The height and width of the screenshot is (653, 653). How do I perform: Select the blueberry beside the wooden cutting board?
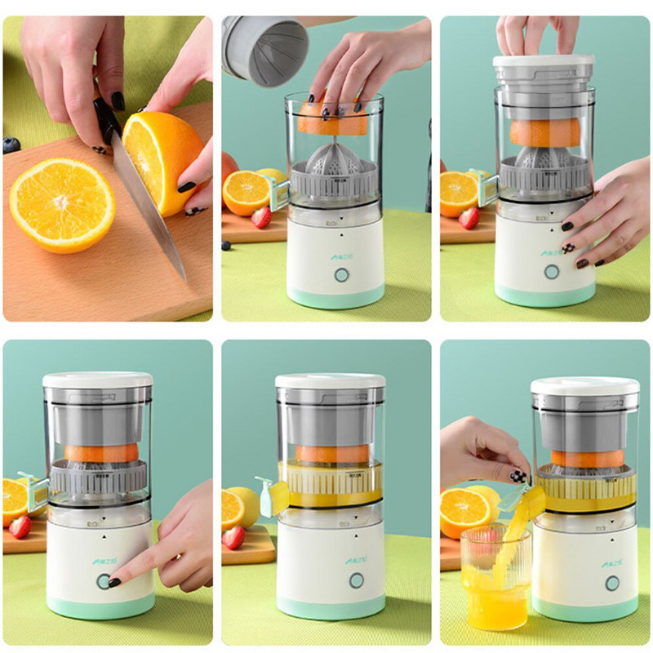(x=11, y=145)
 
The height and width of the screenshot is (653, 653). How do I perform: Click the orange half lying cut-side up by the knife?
(x=62, y=204)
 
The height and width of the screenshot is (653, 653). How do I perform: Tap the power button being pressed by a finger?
(x=104, y=581)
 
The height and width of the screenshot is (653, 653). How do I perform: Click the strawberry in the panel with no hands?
(x=233, y=536)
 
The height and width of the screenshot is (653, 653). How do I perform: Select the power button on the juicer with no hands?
(x=356, y=580)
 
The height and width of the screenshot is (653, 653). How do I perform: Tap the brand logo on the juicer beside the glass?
(x=611, y=562)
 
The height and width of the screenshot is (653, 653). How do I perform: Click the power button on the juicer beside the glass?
(x=611, y=583)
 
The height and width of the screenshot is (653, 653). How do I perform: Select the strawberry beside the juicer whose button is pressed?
(x=20, y=526)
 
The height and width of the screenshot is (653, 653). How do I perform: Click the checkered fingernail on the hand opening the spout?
(x=518, y=476)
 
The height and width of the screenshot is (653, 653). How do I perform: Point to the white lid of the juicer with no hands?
(x=330, y=380)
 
